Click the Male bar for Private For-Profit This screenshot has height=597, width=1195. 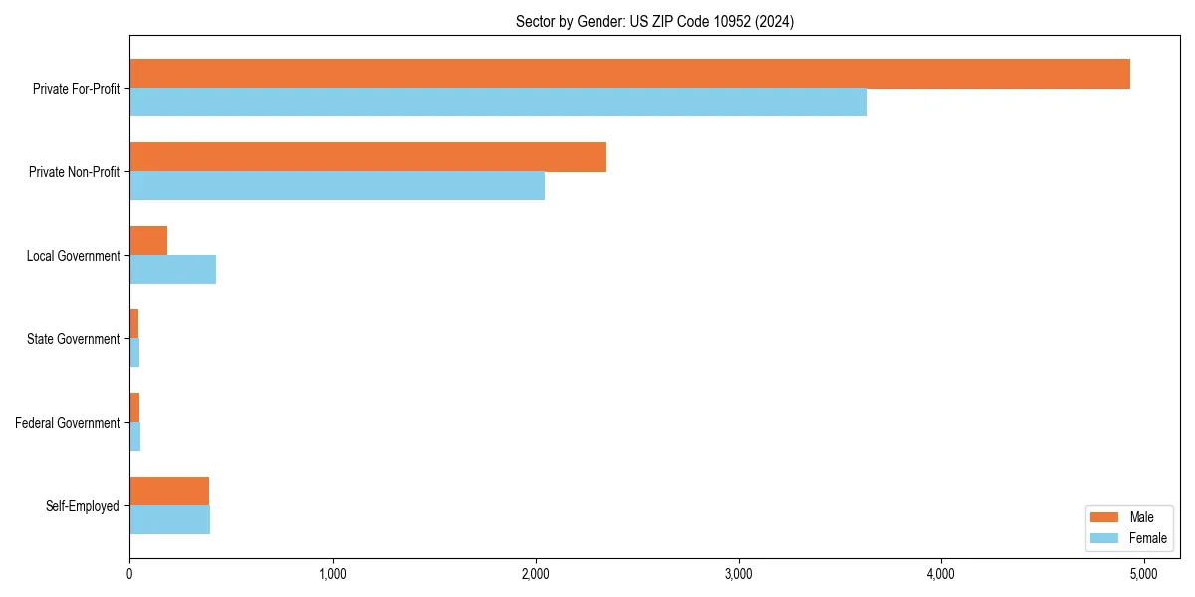coord(629,74)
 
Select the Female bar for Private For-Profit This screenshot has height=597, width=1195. coord(498,102)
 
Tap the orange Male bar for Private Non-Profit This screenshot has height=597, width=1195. coord(367,157)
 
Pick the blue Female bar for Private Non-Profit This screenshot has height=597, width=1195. coord(337,186)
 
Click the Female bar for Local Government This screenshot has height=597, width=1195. coord(172,270)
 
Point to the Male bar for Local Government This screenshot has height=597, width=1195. coord(148,241)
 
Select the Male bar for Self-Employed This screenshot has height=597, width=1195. coord(169,492)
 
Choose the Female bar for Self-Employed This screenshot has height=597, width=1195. coord(169,520)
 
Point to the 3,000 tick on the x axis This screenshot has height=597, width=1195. coord(738,574)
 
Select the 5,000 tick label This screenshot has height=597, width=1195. coord(1143,574)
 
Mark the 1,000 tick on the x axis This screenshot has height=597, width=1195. coord(333,574)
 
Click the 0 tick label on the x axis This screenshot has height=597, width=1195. coord(129,574)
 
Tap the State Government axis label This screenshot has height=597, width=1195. coord(73,339)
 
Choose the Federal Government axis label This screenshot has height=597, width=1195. coord(68,423)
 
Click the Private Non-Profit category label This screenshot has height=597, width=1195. coord(74,172)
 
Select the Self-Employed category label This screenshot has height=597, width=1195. coord(82,506)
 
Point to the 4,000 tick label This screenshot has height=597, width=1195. coord(941,574)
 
